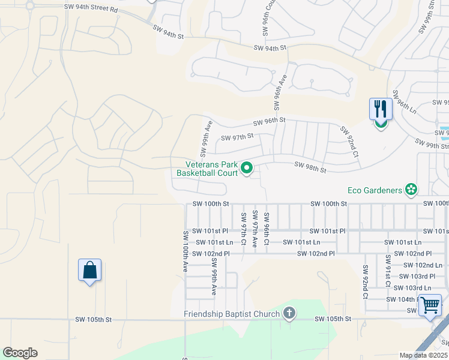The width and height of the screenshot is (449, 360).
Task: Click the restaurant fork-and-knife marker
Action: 381,109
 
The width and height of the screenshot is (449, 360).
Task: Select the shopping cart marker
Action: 430,305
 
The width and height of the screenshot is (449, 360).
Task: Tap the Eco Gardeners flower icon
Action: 411,190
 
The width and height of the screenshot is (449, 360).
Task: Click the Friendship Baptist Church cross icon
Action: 289,313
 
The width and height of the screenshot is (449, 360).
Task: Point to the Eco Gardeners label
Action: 375,190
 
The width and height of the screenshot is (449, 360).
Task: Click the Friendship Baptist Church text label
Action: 232,314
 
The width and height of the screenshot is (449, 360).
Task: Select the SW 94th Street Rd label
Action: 91,9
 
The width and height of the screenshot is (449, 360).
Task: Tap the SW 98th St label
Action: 310,167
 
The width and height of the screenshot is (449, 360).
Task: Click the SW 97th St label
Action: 237,137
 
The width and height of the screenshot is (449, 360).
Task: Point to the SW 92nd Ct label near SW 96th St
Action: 349,142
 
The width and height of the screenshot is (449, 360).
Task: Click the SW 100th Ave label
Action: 185,251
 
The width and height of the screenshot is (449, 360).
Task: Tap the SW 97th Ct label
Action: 244,229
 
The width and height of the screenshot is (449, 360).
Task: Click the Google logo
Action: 20,353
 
